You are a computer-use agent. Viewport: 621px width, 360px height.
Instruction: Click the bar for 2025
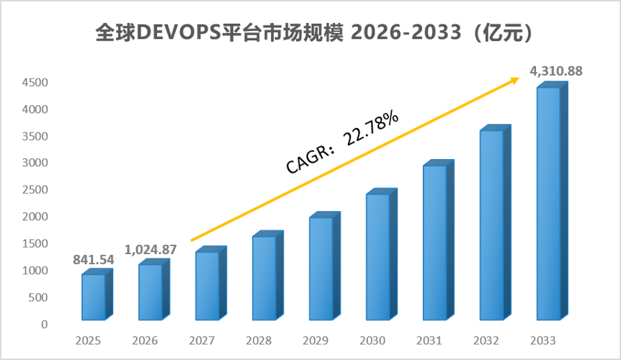97,294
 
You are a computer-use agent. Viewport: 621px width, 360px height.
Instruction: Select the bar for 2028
268,275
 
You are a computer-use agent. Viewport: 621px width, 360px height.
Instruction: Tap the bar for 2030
382,254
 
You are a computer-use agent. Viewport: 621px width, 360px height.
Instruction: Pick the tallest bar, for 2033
553,201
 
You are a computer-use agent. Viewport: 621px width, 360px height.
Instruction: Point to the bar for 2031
439,240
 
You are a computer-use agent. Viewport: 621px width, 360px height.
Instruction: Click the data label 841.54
94,260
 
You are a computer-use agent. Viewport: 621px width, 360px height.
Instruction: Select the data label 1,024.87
151,250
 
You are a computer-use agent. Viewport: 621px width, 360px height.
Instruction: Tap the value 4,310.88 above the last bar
556,71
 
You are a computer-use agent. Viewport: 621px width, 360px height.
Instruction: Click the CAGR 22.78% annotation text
342,142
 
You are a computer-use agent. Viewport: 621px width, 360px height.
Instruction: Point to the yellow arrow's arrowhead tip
519,78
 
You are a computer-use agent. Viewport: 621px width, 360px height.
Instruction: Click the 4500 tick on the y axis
35,83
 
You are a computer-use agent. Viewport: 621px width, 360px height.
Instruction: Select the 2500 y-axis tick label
35,190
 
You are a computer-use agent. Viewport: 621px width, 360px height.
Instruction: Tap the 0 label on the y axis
45,325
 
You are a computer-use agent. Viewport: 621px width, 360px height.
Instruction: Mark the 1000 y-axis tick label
35,271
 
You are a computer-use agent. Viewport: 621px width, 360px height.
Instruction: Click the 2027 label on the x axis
202,341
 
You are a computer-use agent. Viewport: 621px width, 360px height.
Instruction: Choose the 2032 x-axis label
486,341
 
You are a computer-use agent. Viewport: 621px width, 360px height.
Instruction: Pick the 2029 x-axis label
316,341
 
